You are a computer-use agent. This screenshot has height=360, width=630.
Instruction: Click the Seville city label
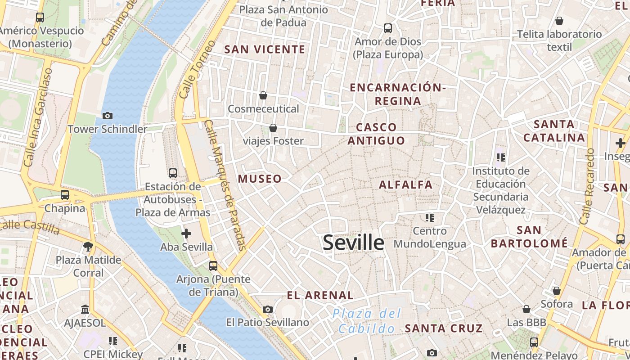click(x=354, y=243)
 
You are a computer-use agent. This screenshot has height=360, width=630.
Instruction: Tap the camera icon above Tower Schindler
click(x=107, y=116)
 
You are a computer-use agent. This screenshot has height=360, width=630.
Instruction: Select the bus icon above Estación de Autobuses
click(x=172, y=173)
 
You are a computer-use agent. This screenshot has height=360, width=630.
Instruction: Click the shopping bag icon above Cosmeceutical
click(x=263, y=95)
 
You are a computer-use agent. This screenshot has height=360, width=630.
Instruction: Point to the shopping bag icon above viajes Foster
click(x=273, y=128)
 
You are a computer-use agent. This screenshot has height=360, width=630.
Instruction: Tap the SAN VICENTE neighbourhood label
click(x=265, y=49)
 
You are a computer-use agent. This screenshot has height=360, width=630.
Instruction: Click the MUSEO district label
click(x=260, y=179)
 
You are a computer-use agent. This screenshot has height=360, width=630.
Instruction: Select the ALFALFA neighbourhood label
click(x=405, y=184)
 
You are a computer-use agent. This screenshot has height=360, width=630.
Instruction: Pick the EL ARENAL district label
click(x=320, y=296)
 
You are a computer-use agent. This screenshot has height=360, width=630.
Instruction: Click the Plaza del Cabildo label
click(x=367, y=321)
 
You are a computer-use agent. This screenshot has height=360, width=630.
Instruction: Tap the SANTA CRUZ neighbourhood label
click(x=443, y=328)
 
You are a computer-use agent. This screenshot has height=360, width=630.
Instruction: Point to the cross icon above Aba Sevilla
click(x=186, y=234)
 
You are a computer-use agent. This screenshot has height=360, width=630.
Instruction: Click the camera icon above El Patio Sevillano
click(x=268, y=309)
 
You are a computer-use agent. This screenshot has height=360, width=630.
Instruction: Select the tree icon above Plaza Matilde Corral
click(x=88, y=246)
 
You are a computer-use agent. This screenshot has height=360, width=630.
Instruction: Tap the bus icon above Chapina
click(x=65, y=195)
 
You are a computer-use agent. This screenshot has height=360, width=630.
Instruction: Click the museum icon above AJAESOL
click(x=85, y=309)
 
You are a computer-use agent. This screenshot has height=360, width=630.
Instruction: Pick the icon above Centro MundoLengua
click(x=429, y=218)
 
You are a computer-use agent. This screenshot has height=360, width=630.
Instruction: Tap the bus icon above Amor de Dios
click(x=388, y=28)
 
